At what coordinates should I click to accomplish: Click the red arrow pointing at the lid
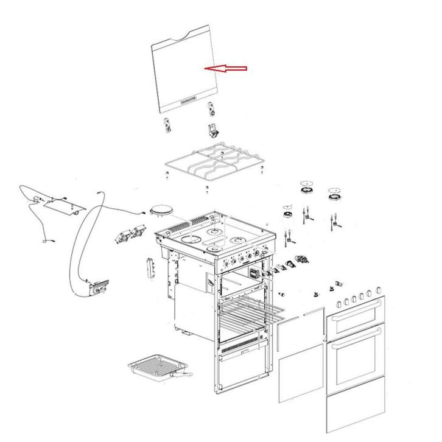tap(226, 68)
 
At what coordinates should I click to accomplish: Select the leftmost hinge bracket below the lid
tap(165, 125)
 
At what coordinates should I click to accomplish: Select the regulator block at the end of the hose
tap(97, 287)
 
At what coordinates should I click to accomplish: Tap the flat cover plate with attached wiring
tap(61, 205)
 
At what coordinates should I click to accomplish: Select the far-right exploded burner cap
tap(334, 195)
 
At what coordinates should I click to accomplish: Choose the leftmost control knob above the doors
tap(335, 303)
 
